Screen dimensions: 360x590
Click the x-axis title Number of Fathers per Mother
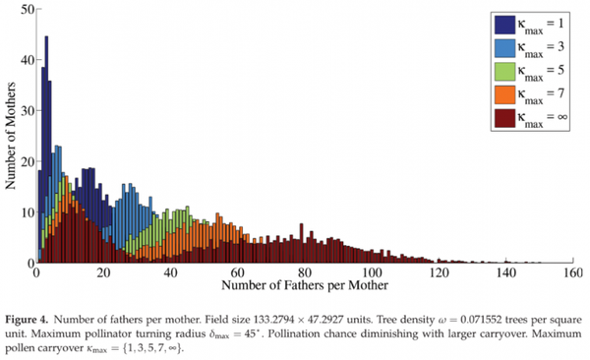[302, 286]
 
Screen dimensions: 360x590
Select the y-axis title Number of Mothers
[10, 135]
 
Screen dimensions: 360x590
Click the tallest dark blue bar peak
[46, 39]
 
